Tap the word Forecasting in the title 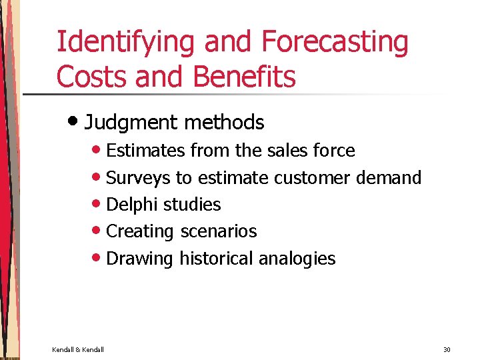[x=335, y=42]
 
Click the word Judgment [x=129, y=123]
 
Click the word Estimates [x=146, y=151]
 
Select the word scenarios [x=218, y=231]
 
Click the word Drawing [x=140, y=259]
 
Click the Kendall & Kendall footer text [x=78, y=349]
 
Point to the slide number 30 [x=447, y=349]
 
